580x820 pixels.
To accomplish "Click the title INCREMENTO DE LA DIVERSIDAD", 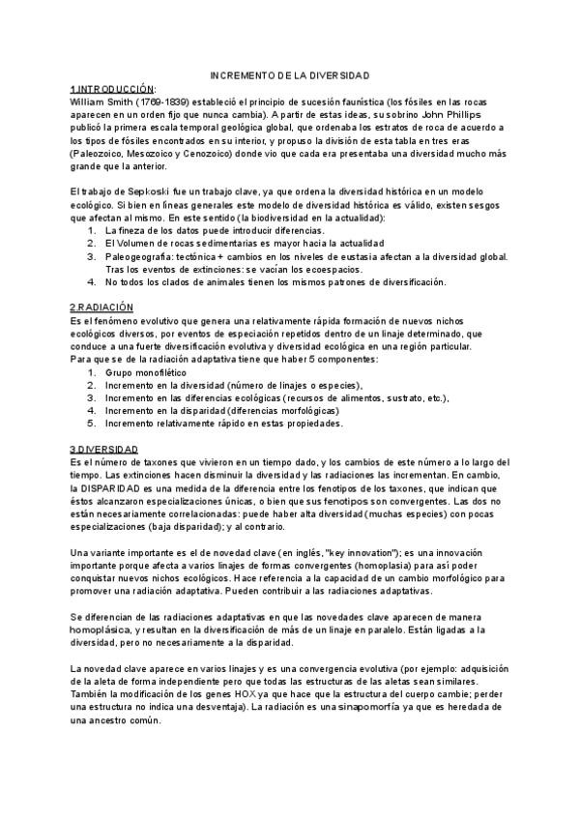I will coord(290,74).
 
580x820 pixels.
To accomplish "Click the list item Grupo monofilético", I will coord(147,371).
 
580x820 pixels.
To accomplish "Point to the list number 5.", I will coord(92,424).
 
